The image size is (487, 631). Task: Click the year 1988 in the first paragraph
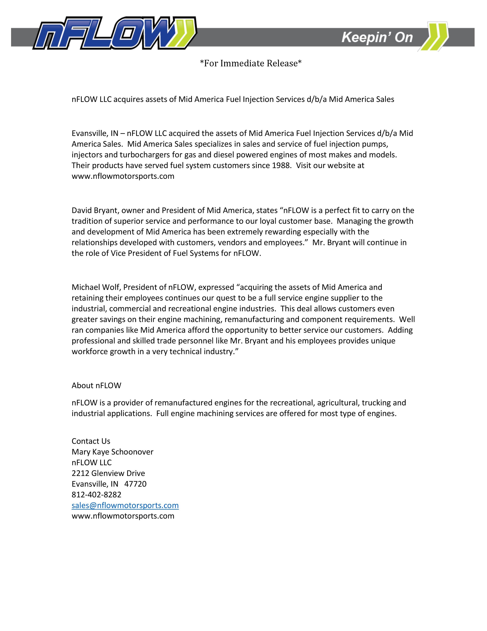click(x=281, y=166)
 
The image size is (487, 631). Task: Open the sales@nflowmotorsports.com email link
click(x=125, y=505)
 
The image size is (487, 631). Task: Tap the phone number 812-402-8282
click(x=96, y=495)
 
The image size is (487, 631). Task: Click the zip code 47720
click(x=135, y=484)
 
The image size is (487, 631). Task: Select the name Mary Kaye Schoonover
click(x=112, y=452)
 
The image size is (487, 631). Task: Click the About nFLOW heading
click(x=96, y=385)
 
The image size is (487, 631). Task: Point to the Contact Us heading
click(x=91, y=441)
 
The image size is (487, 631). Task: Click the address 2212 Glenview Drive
click(x=108, y=473)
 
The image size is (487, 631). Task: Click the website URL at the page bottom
click(x=123, y=516)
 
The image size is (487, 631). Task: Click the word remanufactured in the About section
click(x=184, y=403)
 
